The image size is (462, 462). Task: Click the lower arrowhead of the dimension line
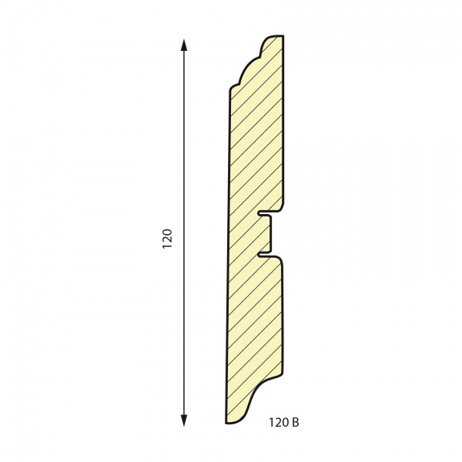(x=184, y=420)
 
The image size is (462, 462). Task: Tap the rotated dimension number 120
(x=167, y=239)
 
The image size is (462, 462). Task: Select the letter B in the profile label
(x=296, y=423)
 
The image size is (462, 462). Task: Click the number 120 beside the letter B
(x=279, y=423)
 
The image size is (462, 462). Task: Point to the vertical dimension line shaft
(x=184, y=233)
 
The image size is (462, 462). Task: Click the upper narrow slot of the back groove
(x=264, y=213)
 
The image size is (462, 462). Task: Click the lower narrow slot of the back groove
(x=264, y=254)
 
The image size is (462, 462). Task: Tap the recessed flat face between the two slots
(x=270, y=233)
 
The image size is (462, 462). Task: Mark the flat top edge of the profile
(x=277, y=35)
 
